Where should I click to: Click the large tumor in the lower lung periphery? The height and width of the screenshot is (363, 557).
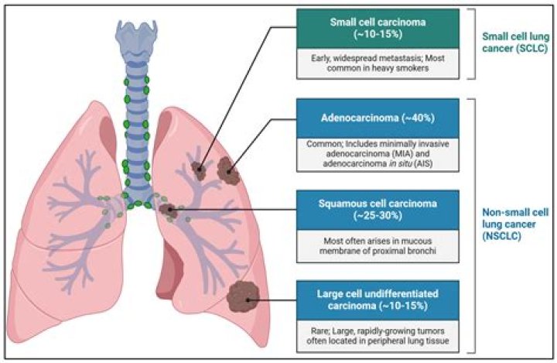[x=244, y=293]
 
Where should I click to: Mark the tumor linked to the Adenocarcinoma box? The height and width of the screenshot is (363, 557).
[x=228, y=170]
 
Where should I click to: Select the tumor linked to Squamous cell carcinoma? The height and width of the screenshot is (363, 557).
[x=166, y=209]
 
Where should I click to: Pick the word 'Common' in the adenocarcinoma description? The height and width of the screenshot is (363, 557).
[x=319, y=144]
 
